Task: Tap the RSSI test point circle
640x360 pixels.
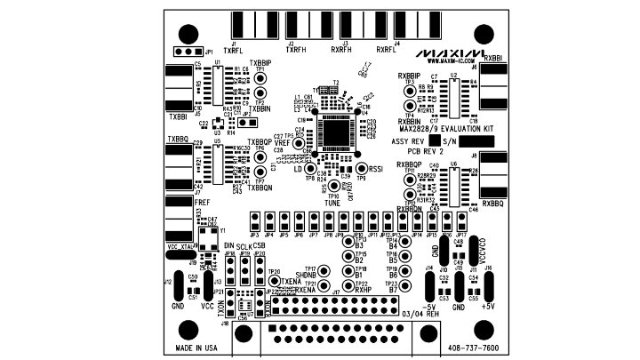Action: coord(362,168)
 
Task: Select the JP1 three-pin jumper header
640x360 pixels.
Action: coord(193,52)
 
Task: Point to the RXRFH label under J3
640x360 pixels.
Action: coord(344,51)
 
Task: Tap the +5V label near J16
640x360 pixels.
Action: coord(490,306)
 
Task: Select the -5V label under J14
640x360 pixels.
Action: coord(429,306)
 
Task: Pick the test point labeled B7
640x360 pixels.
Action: coord(404,285)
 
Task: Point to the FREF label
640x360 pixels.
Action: coord(176,203)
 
